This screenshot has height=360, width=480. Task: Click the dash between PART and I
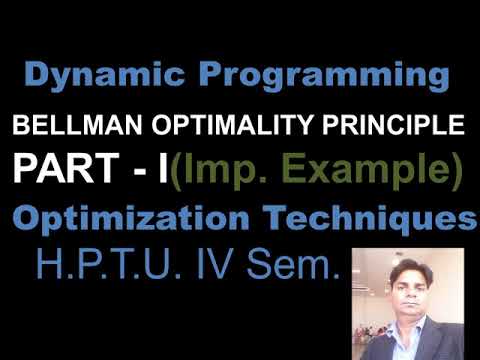(x=153, y=172)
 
